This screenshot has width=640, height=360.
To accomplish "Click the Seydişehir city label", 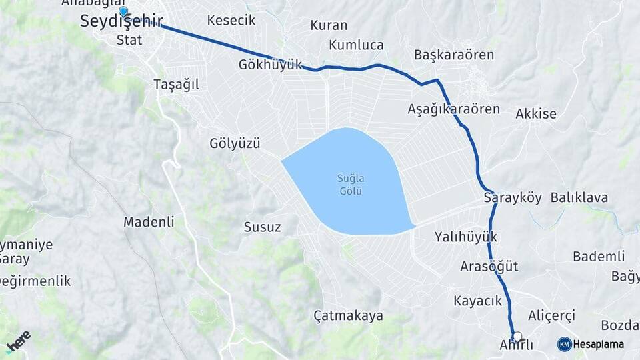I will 121,21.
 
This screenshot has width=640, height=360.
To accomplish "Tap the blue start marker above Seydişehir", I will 123,11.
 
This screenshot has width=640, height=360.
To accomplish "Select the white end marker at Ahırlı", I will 517,337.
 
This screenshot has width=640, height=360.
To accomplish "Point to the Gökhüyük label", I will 270,65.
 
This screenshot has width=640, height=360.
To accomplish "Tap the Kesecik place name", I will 231,20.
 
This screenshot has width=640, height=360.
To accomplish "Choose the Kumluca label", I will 356,45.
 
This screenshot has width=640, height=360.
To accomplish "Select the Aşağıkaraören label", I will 453,109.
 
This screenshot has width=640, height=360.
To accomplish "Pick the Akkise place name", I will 536,114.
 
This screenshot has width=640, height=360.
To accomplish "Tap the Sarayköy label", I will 511,198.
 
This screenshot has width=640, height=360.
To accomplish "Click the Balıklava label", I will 579,198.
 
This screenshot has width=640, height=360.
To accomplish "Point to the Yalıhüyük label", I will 465,237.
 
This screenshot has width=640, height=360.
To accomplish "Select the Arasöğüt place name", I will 489,267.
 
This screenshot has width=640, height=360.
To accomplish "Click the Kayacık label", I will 477,301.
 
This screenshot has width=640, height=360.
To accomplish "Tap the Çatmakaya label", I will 353,315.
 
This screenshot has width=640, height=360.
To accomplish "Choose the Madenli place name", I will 149,222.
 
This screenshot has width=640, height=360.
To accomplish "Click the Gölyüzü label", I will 234,143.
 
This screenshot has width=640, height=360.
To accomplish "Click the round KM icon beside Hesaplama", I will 564,344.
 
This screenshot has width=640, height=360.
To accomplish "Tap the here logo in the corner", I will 18,341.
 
